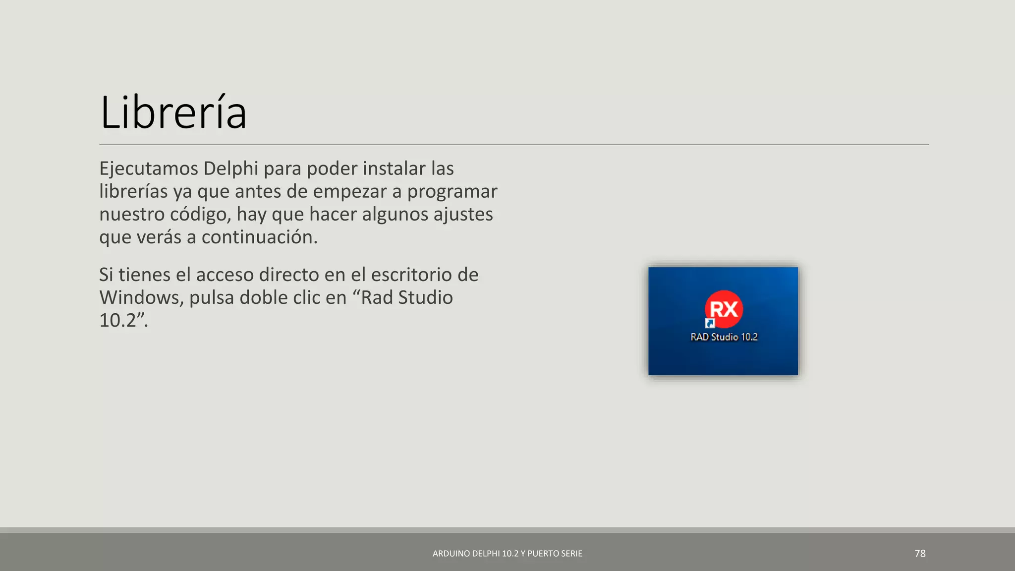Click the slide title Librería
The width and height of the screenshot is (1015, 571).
173,113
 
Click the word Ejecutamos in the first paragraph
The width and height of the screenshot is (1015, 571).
149,169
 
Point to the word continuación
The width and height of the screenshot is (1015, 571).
259,237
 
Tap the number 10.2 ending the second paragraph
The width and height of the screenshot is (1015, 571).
118,321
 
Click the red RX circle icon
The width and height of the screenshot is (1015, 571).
724,309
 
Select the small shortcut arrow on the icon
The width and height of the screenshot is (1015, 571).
710,324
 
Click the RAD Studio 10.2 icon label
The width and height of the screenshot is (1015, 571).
724,337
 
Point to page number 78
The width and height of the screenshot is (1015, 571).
920,554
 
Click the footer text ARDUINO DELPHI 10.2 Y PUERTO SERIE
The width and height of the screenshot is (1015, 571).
507,554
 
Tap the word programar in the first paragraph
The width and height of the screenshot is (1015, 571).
452,192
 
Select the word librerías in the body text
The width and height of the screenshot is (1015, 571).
133,192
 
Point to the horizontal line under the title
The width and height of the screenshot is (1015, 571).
513,145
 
